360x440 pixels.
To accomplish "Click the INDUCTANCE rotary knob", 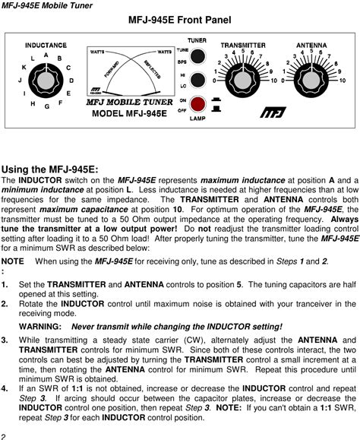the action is point(46,81).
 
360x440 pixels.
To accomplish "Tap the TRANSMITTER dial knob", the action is point(242,81).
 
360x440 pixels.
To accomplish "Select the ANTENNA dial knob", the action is point(311,81).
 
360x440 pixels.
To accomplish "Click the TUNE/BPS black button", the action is point(197,56).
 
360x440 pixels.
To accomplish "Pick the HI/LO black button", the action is point(197,80).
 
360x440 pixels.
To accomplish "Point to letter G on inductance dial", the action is point(47,106).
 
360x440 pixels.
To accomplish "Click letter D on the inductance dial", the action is point(71,81).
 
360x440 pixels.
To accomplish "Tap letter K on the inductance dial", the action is point(24,68).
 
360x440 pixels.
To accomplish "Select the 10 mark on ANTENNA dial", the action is point(342,81).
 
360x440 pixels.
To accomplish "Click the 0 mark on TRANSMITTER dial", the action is point(214,81).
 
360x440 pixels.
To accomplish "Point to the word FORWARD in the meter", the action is point(112,69).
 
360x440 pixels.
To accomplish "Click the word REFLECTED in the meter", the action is point(153,69).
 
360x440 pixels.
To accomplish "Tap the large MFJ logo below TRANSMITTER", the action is point(273,112).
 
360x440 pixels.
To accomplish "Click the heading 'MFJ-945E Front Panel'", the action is point(180,20).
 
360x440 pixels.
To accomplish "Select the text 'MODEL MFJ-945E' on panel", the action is point(129,113).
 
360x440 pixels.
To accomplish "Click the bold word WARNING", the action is point(40,327).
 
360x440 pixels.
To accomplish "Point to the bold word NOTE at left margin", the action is point(13,261).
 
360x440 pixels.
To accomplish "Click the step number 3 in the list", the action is point(5,340).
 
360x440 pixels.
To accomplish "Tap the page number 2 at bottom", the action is point(3,436).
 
